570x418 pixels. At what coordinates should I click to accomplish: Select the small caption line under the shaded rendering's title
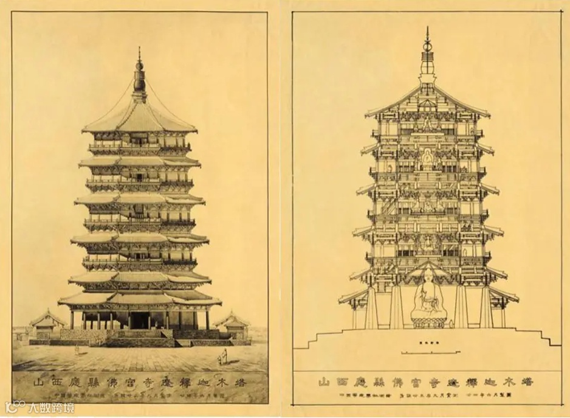coord(140,399)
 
